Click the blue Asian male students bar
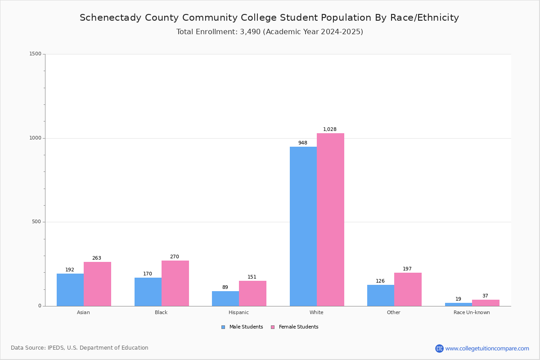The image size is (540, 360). pyautogui.click(x=70, y=290)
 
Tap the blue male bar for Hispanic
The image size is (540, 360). pyautogui.click(x=225, y=299)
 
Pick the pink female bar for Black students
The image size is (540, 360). pyautogui.click(x=175, y=283)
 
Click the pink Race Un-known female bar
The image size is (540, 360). pyautogui.click(x=486, y=303)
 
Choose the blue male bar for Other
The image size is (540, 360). pyautogui.click(x=381, y=295)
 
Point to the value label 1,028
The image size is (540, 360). pyautogui.click(x=330, y=130)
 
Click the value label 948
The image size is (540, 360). pyautogui.click(x=303, y=143)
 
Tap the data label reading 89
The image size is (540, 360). pyautogui.click(x=225, y=288)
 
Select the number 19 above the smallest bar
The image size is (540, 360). pyautogui.click(x=458, y=299)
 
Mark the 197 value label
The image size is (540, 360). pyautogui.click(x=407, y=269)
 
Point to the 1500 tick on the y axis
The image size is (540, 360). pyautogui.click(x=35, y=54)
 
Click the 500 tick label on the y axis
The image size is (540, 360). pyautogui.click(x=36, y=222)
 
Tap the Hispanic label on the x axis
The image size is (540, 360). pyautogui.click(x=238, y=312)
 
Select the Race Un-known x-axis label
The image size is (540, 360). pyautogui.click(x=472, y=312)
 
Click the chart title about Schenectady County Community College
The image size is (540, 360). pyautogui.click(x=269, y=18)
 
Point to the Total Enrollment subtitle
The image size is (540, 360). pyautogui.click(x=270, y=32)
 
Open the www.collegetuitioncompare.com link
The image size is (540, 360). pyautogui.click(x=487, y=348)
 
